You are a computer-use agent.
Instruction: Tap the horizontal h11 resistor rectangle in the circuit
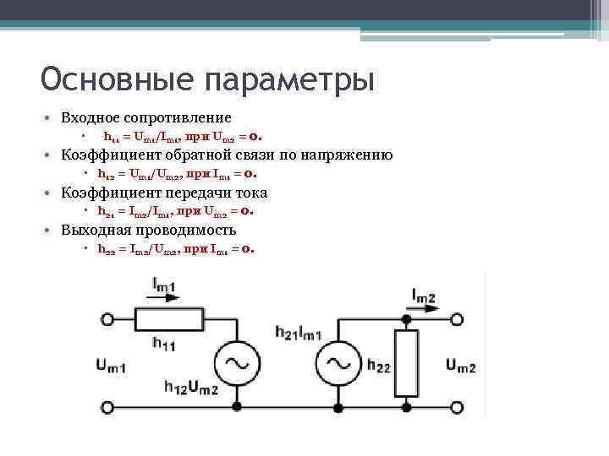[169, 319]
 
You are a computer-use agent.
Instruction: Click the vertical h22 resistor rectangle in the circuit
[407, 364]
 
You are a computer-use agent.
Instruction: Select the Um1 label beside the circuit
[111, 366]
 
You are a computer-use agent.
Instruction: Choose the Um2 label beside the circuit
[460, 366]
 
